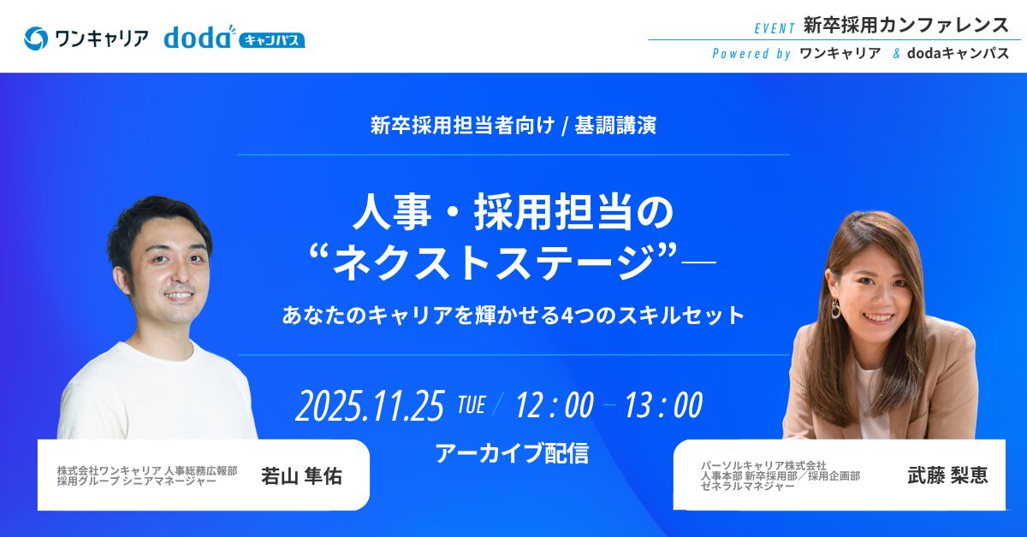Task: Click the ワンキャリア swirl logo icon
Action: pyautogui.click(x=36, y=38)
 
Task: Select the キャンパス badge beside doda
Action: pyautogui.click(x=271, y=40)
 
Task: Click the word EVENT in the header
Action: pyautogui.click(x=775, y=29)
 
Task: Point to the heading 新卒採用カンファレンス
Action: pyautogui.click(x=906, y=25)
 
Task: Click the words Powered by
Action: pyautogui.click(x=751, y=54)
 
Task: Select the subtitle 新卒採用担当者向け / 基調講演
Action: pyautogui.click(x=513, y=125)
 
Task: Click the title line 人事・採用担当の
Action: pyautogui.click(x=513, y=212)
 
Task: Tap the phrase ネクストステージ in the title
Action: pyautogui.click(x=494, y=262)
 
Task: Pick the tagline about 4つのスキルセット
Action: pyautogui.click(x=513, y=316)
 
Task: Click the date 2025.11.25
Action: pyautogui.click(x=370, y=406)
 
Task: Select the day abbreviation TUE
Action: pyautogui.click(x=472, y=405)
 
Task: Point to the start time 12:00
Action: pyautogui.click(x=555, y=405)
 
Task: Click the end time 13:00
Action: pyautogui.click(x=663, y=405)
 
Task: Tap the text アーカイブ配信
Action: pyautogui.click(x=512, y=453)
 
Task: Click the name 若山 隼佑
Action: pyautogui.click(x=301, y=476)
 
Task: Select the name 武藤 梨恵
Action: pyautogui.click(x=947, y=475)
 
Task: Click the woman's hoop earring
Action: pyautogui.click(x=836, y=310)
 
